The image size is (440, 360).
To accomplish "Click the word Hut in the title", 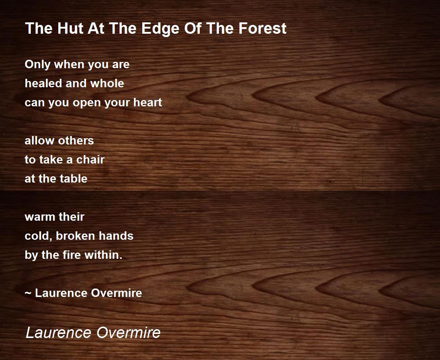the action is pyautogui.click(x=70, y=28).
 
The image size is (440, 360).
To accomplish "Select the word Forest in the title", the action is pyautogui.click(x=263, y=28).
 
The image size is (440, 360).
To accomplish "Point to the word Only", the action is pyautogui.click(x=37, y=65).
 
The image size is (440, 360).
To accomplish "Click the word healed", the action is pyautogui.click(x=43, y=83).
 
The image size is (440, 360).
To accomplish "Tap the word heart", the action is pyautogui.click(x=147, y=102).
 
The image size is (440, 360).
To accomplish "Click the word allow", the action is pyautogui.click(x=39, y=140).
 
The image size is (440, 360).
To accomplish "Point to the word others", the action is pyautogui.click(x=76, y=140).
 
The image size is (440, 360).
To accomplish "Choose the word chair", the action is pyautogui.click(x=90, y=159).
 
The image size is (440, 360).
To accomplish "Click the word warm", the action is pyautogui.click(x=40, y=217).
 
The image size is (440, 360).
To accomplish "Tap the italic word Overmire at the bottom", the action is pyautogui.click(x=128, y=333).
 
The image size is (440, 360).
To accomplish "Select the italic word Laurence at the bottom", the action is pyautogui.click(x=58, y=333).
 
